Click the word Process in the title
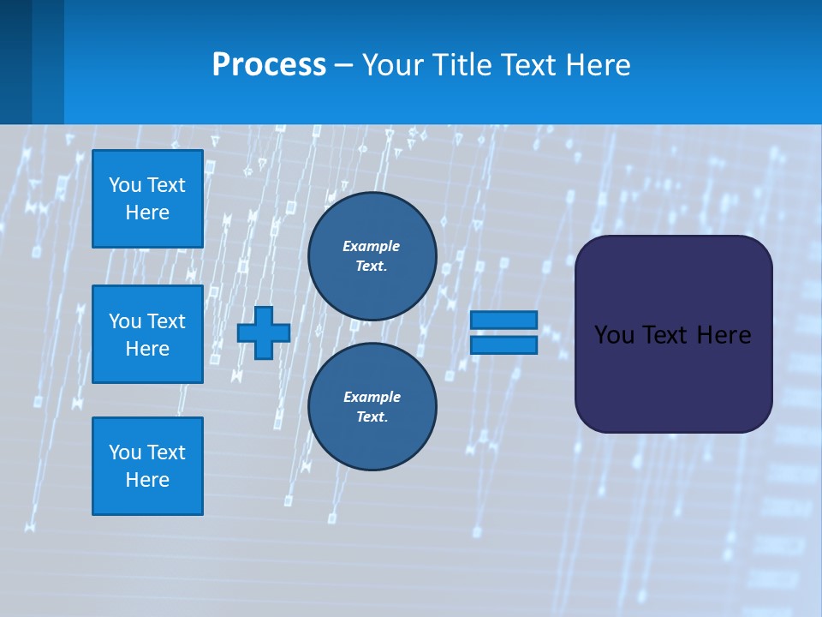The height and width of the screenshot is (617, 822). coord(269,65)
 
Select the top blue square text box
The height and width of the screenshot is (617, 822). coord(147,199)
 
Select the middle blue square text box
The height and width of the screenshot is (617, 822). coord(147,334)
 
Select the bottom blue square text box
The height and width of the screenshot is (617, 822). coord(147,465)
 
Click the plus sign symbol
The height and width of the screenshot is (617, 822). coord(264,332)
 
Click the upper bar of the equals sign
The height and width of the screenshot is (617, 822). coord(503,320)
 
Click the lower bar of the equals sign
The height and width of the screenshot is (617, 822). coord(503,345)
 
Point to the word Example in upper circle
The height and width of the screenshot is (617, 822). coord(372,246)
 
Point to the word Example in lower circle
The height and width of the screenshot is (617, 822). coord(372,397)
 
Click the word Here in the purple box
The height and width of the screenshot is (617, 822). coord(724,335)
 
